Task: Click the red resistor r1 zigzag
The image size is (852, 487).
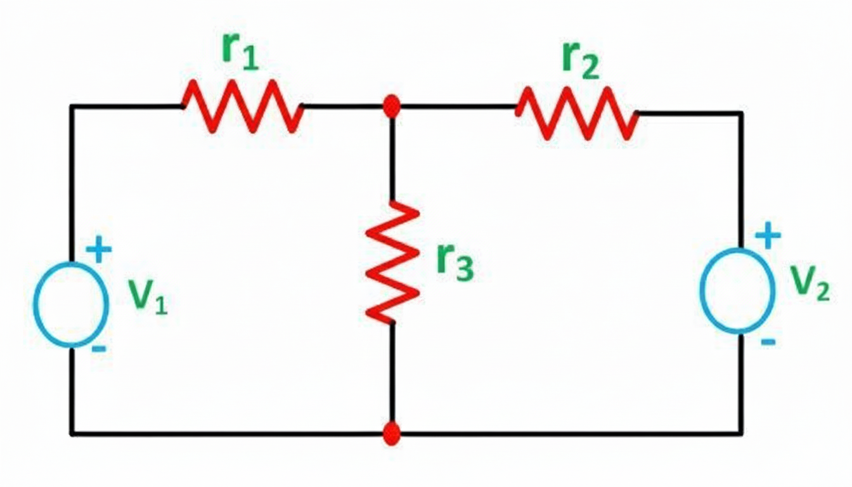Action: pos(242,106)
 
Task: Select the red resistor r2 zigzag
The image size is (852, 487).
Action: pos(577,113)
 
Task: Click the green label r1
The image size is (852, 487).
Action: pos(240,51)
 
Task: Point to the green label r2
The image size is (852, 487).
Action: pos(579,62)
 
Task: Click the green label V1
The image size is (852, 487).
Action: pos(148,297)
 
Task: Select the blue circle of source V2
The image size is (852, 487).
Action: pos(737,290)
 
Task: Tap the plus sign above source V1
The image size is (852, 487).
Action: pos(98,249)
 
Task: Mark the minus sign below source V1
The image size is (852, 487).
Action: pos(98,349)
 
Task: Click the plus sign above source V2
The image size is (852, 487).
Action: pos(767,236)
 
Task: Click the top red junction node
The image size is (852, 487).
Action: pos(392,106)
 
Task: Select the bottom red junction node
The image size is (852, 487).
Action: pos(392,434)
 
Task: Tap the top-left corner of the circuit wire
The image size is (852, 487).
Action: pos(72,107)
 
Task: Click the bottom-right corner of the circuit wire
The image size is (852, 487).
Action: pos(740,433)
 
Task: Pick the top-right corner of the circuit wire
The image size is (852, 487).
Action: pos(740,114)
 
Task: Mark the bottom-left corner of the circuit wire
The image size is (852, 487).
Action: pos(72,434)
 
